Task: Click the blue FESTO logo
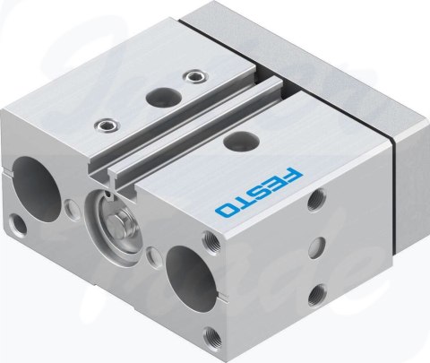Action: point(259,192)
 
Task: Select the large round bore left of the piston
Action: point(37,188)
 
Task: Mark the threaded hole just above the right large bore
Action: point(211,241)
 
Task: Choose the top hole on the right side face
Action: point(316,200)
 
